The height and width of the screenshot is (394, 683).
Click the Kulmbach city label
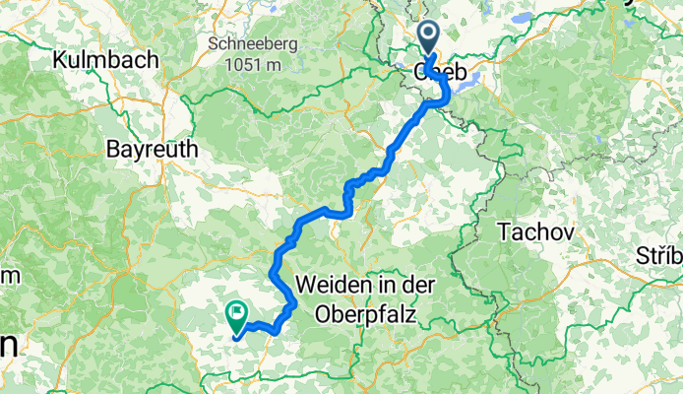(x=105, y=59)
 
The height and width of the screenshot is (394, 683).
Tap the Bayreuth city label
(x=152, y=150)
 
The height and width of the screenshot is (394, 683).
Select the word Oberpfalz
(x=366, y=314)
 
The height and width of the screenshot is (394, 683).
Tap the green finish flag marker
(x=237, y=314)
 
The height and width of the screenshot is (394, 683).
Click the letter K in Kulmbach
(x=60, y=59)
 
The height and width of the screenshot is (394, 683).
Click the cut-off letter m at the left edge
(x=5, y=276)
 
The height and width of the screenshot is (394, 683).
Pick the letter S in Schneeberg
(x=214, y=44)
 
